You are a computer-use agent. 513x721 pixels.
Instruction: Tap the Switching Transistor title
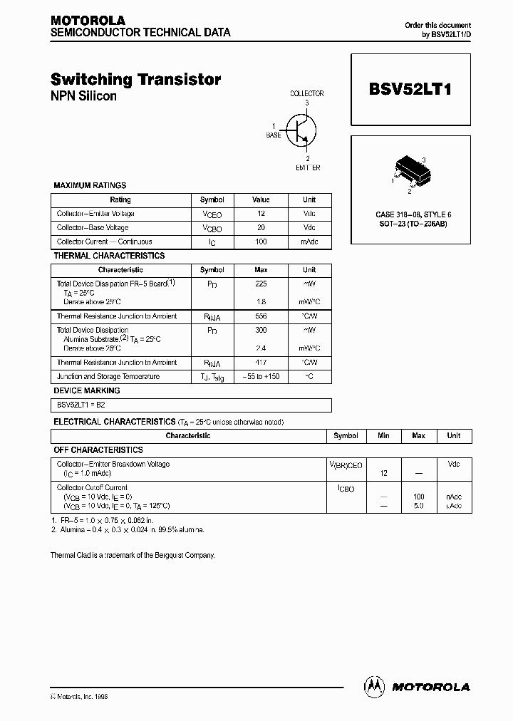click(x=136, y=80)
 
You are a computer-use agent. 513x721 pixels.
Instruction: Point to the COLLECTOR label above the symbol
click(x=307, y=93)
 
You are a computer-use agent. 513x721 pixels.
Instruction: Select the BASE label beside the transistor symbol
click(x=274, y=135)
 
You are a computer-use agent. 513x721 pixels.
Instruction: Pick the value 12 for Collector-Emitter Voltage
click(x=261, y=214)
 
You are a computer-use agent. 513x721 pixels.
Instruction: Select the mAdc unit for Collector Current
click(x=309, y=242)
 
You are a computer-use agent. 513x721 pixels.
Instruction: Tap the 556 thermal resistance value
click(x=261, y=316)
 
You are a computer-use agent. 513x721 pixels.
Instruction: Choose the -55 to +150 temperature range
click(x=261, y=376)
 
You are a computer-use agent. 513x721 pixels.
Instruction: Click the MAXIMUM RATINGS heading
click(x=90, y=185)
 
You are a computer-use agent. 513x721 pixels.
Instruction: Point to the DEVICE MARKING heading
click(x=87, y=390)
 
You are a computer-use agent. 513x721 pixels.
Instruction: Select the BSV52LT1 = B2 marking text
click(x=81, y=405)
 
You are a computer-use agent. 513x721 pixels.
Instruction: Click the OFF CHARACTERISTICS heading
click(x=98, y=450)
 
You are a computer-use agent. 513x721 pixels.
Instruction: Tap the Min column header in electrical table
click(x=383, y=435)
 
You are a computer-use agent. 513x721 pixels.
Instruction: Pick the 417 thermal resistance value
click(x=261, y=363)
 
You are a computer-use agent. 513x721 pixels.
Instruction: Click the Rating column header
click(x=120, y=199)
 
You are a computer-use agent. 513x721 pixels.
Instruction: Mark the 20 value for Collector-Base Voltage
click(x=261, y=228)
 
